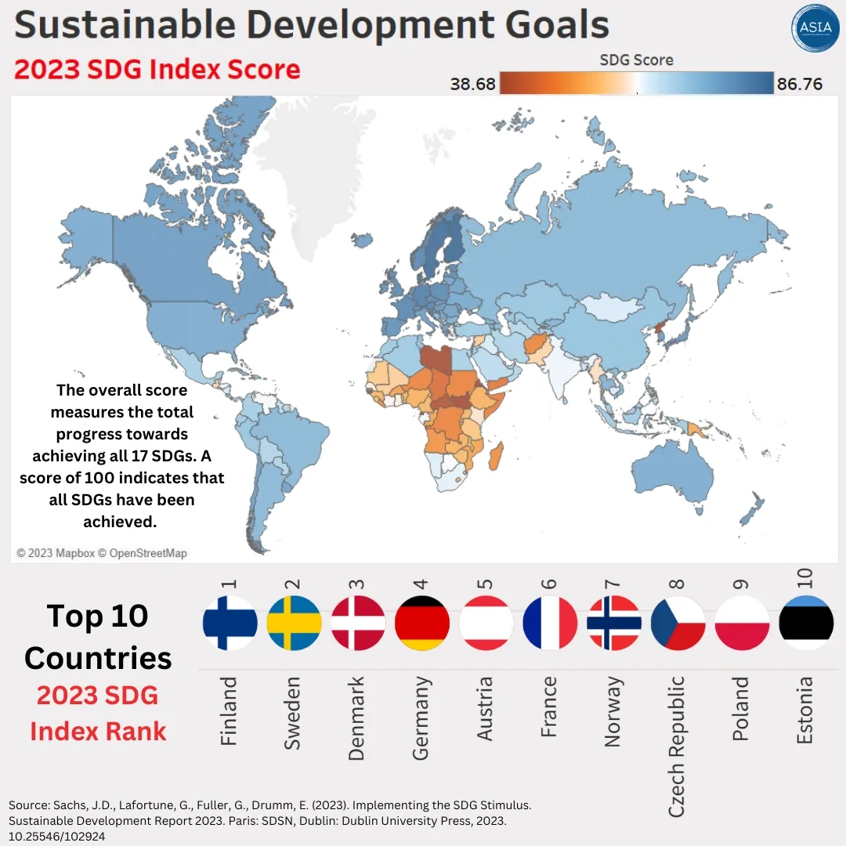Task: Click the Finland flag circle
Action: coord(230,624)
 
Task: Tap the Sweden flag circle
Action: coord(294,624)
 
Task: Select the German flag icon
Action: coord(422,624)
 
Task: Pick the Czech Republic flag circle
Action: coord(678,624)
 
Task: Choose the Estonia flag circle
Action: coord(806,624)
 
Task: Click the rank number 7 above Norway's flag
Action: coord(613,584)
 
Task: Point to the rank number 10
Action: coord(805,578)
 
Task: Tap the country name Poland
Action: coord(741,710)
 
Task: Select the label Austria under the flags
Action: coord(485,709)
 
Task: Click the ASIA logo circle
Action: coord(815,27)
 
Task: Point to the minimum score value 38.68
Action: coord(472,84)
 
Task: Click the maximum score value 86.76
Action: coord(800,84)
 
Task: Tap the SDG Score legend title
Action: coord(636,60)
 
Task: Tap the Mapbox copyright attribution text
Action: coord(102,553)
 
